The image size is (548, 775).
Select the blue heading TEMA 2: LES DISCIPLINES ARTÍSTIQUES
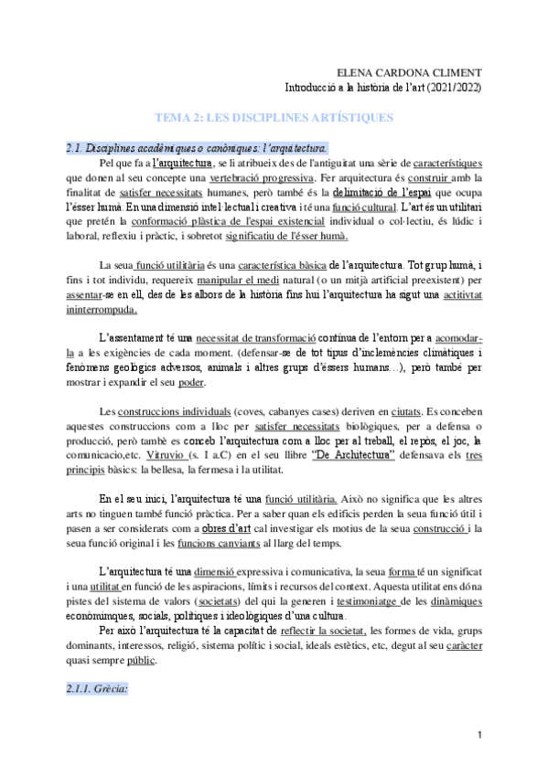(274, 119)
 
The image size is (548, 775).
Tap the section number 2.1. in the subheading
(76, 148)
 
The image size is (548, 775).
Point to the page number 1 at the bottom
(479, 737)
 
